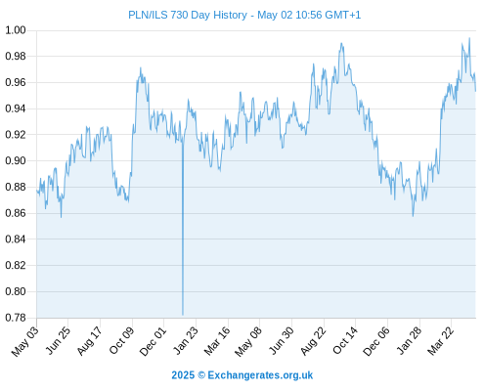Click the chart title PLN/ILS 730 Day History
[x=188, y=15]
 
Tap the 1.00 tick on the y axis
[x=16, y=30]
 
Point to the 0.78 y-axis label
[x=16, y=318]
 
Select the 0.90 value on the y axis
[x=16, y=160]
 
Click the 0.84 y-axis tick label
[x=16, y=239]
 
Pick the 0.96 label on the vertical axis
[x=16, y=82]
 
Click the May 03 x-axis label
[x=25, y=341]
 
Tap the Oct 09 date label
[x=121, y=340]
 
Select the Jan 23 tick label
[x=186, y=340]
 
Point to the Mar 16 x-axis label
[x=217, y=341]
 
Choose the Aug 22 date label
[x=313, y=341]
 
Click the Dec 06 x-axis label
[x=376, y=341]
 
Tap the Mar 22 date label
[x=440, y=341]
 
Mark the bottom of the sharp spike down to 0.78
[x=183, y=315]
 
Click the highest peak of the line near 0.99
[x=469, y=38]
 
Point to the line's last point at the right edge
[x=475, y=91]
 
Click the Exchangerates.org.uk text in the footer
[x=260, y=375]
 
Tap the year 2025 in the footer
[x=183, y=375]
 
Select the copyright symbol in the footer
[x=201, y=375]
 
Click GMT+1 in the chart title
[x=343, y=15]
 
